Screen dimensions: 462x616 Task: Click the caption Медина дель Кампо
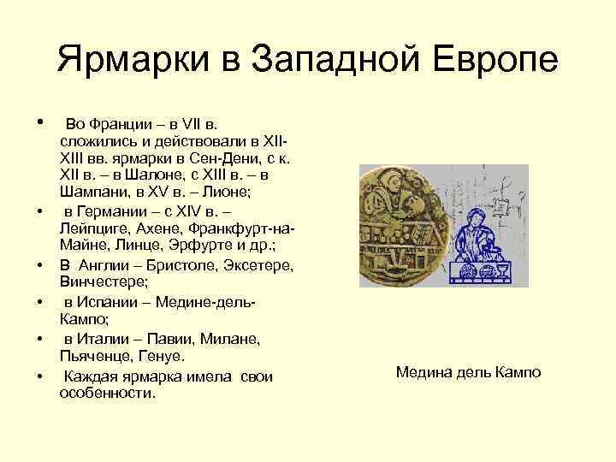[x=468, y=373]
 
